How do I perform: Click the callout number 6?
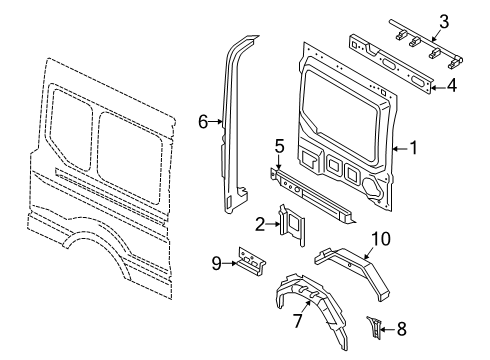[203, 122]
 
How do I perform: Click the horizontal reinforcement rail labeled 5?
[315, 194]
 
